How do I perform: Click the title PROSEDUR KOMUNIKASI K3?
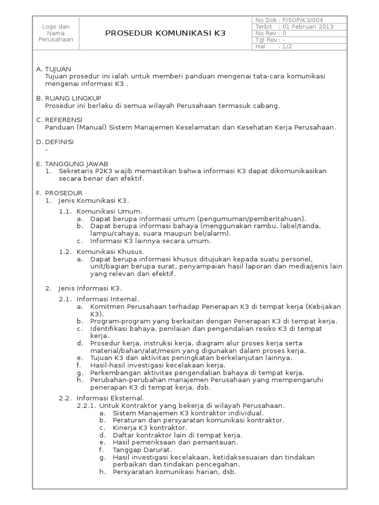[165, 33]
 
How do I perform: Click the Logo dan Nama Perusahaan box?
[56, 33]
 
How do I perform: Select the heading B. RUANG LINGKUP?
[67, 98]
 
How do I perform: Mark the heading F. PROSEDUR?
[59, 192]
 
